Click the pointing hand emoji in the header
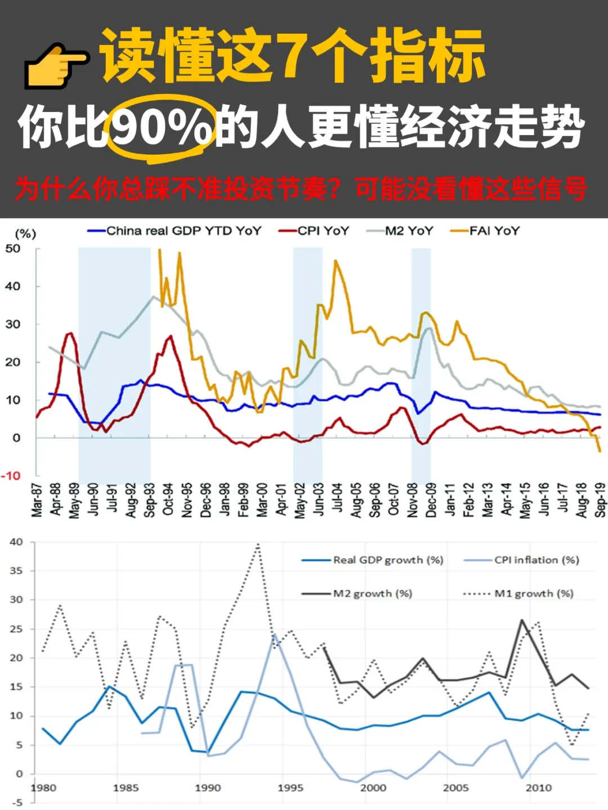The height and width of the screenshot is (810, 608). (56, 65)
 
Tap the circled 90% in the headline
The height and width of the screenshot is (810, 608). (161, 128)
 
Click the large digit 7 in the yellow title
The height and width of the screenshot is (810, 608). (293, 56)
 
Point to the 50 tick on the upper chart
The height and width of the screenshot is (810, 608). (13, 249)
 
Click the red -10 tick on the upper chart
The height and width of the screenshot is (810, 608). (11, 476)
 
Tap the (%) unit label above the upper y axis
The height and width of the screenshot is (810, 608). (25, 233)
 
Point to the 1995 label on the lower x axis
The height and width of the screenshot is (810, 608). (290, 787)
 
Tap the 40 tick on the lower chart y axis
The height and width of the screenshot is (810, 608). (16, 542)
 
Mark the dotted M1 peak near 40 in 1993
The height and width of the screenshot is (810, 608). (258, 544)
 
